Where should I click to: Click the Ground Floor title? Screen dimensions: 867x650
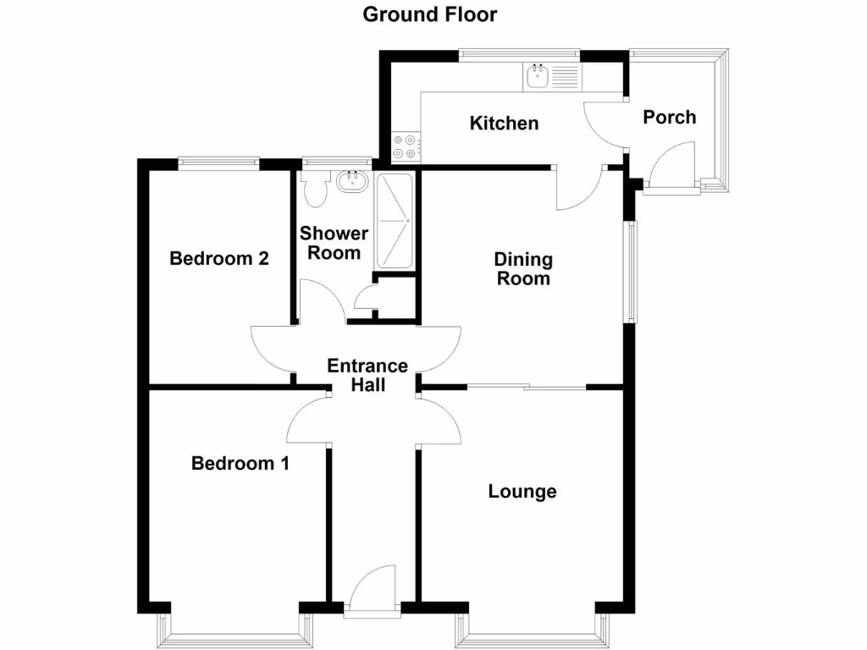pyautogui.click(x=429, y=14)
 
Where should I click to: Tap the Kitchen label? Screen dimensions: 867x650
pyautogui.click(x=504, y=124)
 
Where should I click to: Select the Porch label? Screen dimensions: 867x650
pyautogui.click(x=669, y=117)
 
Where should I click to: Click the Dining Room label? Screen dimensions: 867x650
pyautogui.click(x=523, y=269)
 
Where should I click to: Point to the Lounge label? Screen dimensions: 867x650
pyautogui.click(x=522, y=492)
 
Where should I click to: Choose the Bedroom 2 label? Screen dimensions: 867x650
pyautogui.click(x=219, y=259)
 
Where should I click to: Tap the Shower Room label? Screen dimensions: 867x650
pyautogui.click(x=334, y=243)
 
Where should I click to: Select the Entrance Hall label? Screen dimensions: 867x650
pyautogui.click(x=367, y=376)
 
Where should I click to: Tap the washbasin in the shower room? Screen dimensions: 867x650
pyautogui.click(x=351, y=180)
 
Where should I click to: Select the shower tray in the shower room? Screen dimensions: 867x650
pyautogui.click(x=395, y=223)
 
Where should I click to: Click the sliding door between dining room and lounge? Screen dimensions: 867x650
pyautogui.click(x=526, y=388)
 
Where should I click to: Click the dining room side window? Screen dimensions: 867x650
pyautogui.click(x=631, y=272)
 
